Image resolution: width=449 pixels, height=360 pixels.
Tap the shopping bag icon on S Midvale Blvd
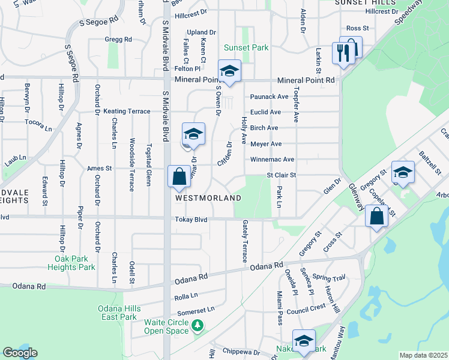point(179,178)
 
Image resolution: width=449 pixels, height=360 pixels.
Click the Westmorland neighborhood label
point(208,197)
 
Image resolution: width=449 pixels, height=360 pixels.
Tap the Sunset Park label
point(246,48)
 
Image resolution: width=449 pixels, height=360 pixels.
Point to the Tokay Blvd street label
point(191,220)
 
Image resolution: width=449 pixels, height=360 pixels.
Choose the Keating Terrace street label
point(127,112)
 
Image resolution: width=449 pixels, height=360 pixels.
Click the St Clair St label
point(282,175)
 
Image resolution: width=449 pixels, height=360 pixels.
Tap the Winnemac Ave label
point(273,160)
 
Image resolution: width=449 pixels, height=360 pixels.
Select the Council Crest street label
point(306,307)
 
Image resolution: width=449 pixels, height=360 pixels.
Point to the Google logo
point(20,353)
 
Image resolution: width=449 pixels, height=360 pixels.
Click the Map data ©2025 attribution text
point(423,355)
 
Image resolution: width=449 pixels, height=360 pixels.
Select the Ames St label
point(100,169)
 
